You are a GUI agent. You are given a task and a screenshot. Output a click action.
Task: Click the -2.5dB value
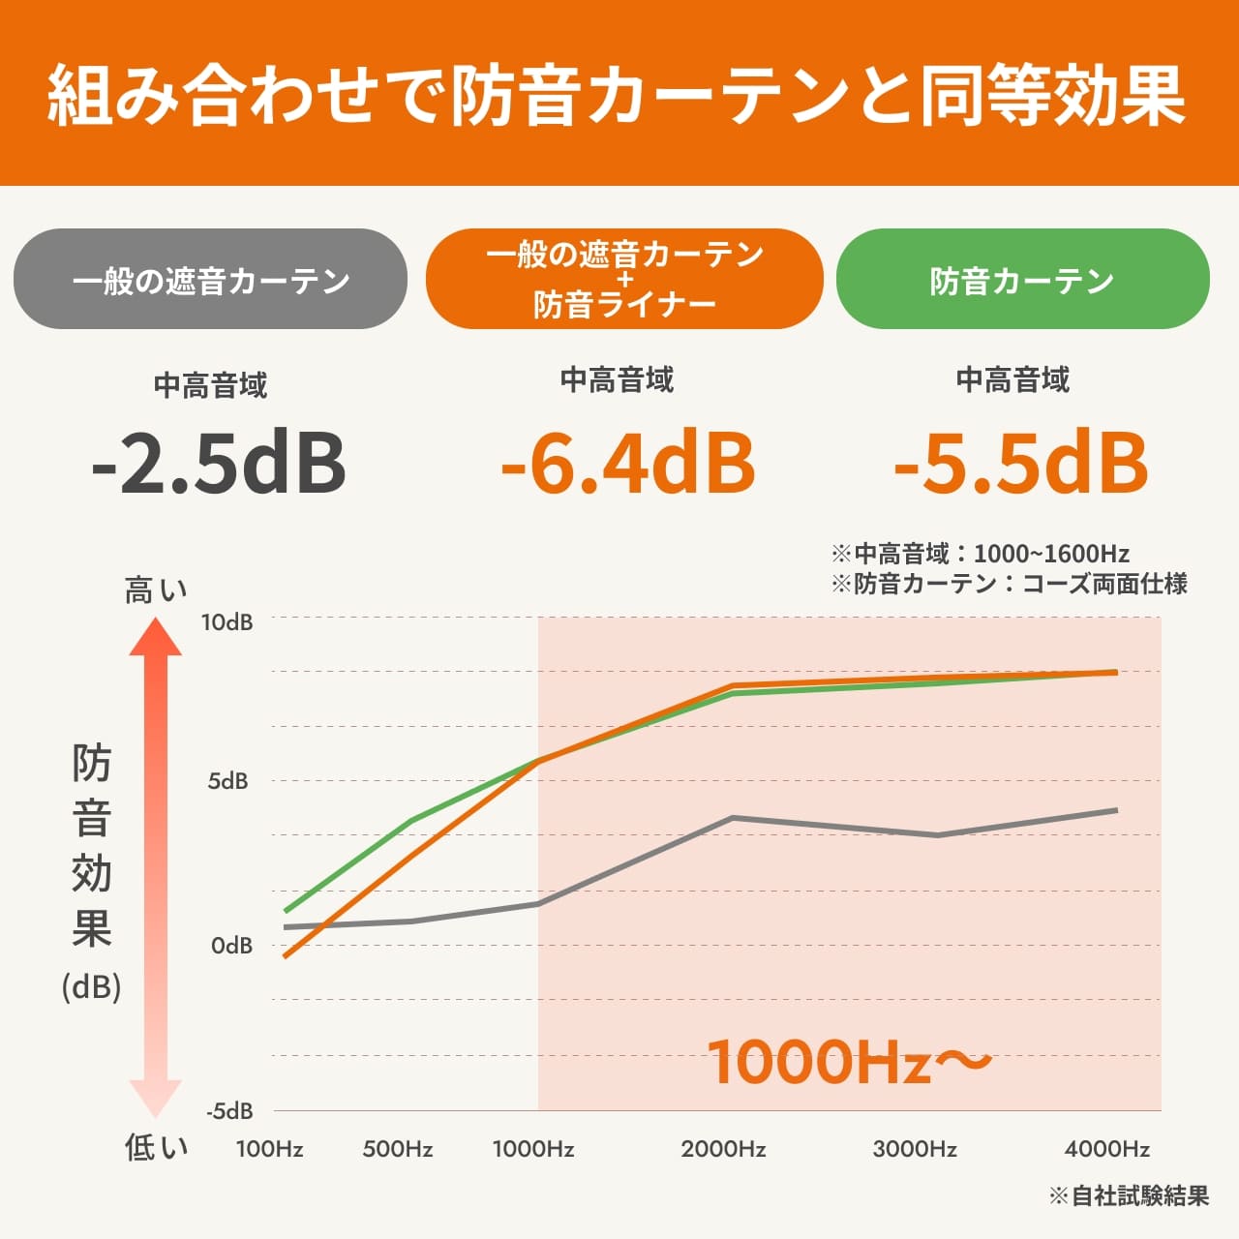pyautogui.click(x=218, y=463)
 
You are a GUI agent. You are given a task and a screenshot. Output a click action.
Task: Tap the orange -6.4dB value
pyautogui.click(x=627, y=463)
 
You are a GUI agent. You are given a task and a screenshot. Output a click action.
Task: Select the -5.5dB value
pyautogui.click(x=1020, y=463)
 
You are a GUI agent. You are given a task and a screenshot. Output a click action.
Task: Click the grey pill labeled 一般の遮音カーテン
pyautogui.click(x=210, y=280)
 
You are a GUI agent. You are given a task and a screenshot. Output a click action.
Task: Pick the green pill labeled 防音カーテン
pyautogui.click(x=1022, y=280)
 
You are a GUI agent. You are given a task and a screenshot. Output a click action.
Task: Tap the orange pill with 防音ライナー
pyautogui.click(x=624, y=280)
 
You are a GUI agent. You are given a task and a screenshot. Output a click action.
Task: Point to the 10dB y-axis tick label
pyautogui.click(x=227, y=621)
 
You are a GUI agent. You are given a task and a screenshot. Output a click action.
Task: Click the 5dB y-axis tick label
pyautogui.click(x=227, y=781)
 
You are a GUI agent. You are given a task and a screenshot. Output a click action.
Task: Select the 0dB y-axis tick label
pyautogui.click(x=231, y=945)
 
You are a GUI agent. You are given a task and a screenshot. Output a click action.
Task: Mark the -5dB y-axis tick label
pyautogui.click(x=229, y=1110)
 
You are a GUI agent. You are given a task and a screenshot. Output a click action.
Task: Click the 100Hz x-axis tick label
pyautogui.click(x=269, y=1149)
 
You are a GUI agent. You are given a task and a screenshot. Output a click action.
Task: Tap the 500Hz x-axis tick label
pyautogui.click(x=397, y=1149)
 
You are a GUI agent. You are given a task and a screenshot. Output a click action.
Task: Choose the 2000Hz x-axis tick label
pyautogui.click(x=723, y=1149)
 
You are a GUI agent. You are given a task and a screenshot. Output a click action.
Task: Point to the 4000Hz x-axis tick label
pyautogui.click(x=1106, y=1149)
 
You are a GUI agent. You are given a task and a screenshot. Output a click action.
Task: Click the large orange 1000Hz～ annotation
pyautogui.click(x=850, y=1061)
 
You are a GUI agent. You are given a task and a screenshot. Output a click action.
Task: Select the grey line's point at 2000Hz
pyautogui.click(x=732, y=818)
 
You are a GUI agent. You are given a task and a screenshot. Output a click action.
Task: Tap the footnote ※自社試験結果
pyautogui.click(x=1129, y=1195)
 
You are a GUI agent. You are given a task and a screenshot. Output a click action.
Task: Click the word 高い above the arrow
pyautogui.click(x=155, y=589)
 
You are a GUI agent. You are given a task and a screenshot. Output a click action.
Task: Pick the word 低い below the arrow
pyautogui.click(x=155, y=1148)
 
